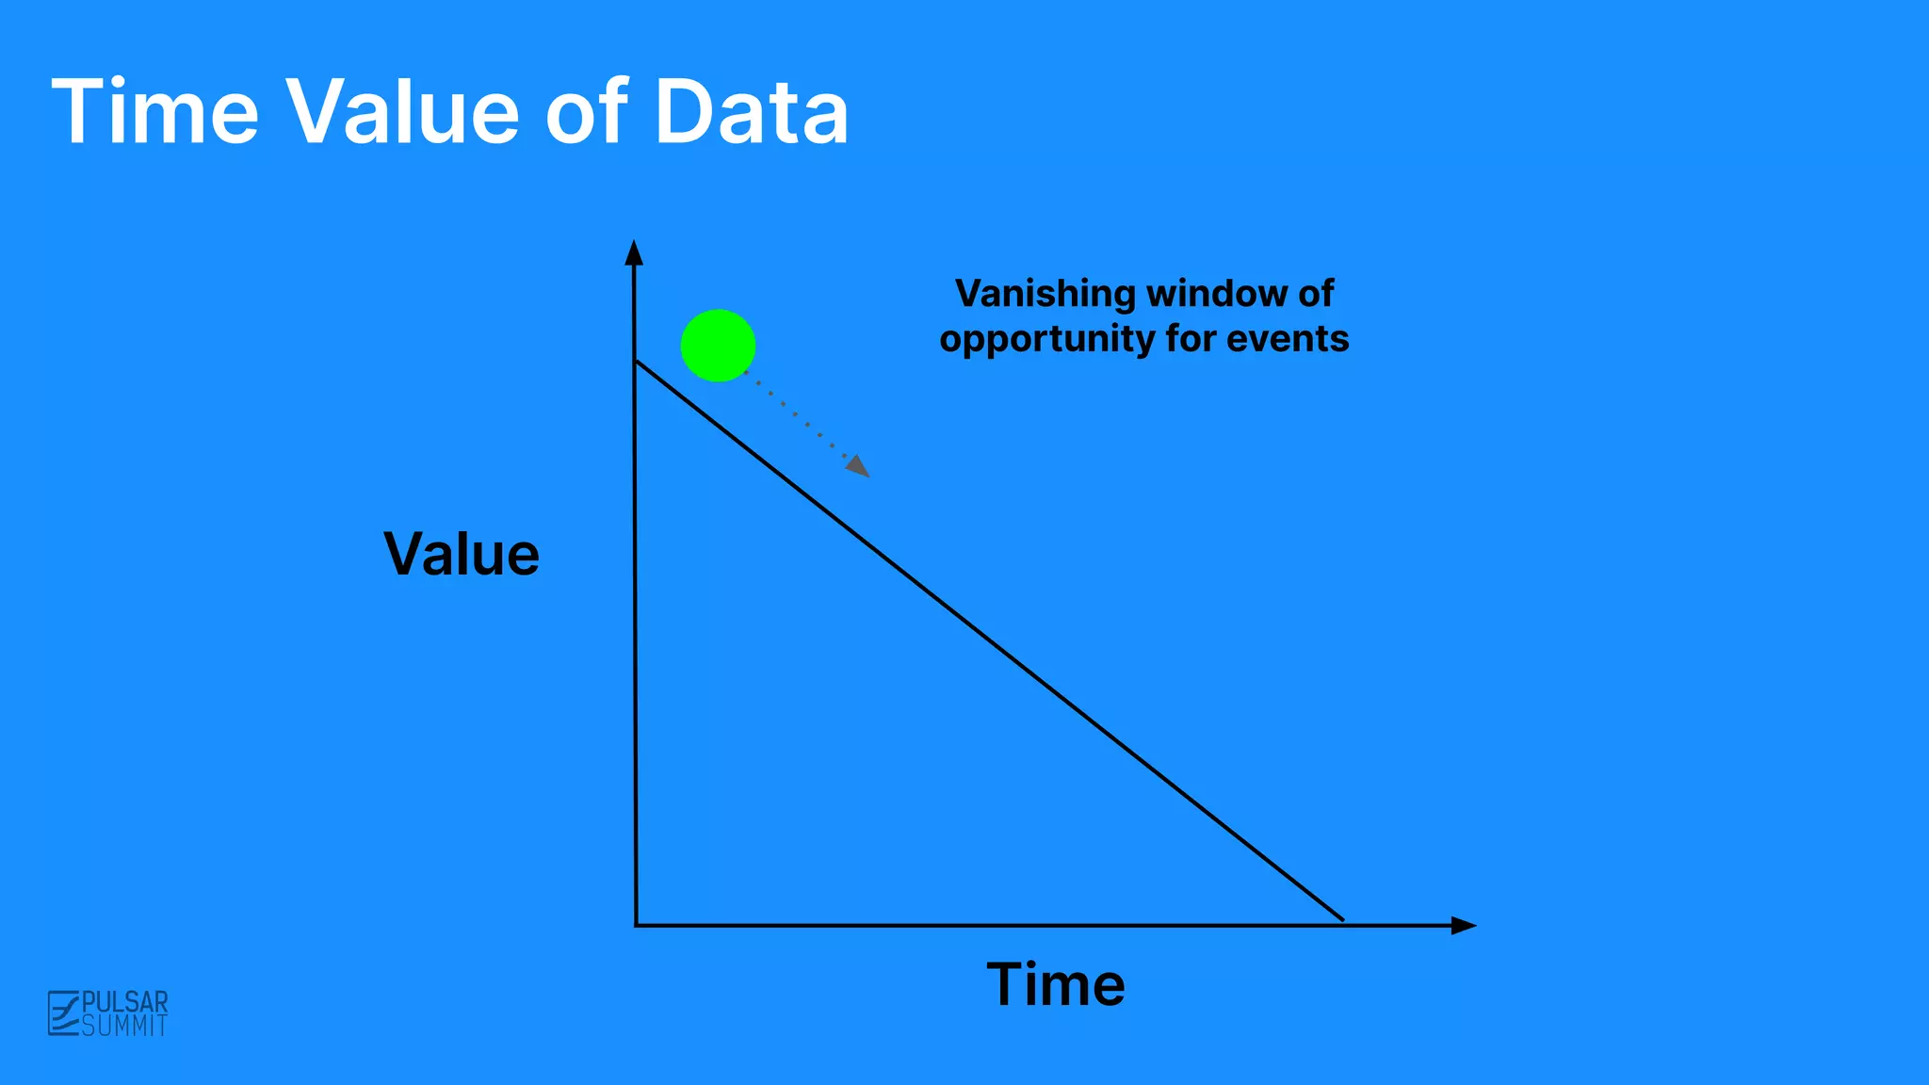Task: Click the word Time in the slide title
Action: [154, 113]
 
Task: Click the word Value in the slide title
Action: [402, 113]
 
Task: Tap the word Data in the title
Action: [752, 113]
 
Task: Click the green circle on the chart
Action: [718, 346]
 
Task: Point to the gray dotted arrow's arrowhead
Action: [859, 467]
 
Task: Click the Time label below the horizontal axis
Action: [1055, 985]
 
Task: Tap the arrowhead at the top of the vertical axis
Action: [634, 252]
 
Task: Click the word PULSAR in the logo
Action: [125, 1001]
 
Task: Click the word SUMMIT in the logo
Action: [125, 1026]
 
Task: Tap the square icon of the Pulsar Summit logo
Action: [63, 1013]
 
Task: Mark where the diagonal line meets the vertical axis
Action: [636, 361]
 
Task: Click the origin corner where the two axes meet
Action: [637, 925]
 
